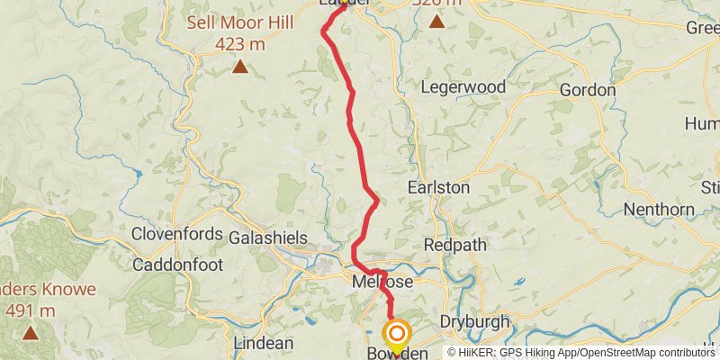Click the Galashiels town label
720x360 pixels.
click(268, 238)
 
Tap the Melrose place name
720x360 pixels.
click(382, 282)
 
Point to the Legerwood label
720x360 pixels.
click(464, 87)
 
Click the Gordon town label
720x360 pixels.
click(588, 90)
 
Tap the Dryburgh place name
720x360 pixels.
click(475, 322)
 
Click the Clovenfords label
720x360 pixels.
click(176, 234)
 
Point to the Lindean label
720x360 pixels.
click(263, 343)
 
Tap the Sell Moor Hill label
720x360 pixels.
click(239, 22)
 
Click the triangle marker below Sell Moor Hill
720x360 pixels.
click(240, 66)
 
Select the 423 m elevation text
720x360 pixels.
click(240, 41)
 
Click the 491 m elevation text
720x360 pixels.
click(30, 310)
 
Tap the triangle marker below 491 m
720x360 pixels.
click(31, 333)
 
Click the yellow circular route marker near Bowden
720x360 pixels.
click(396, 334)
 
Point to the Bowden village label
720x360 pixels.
click(397, 354)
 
